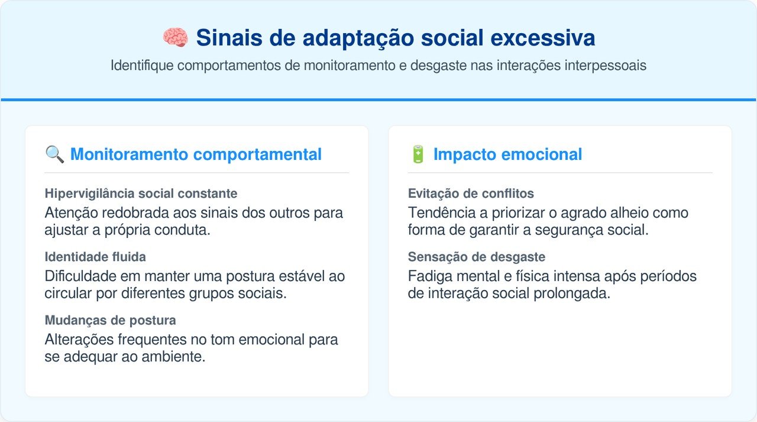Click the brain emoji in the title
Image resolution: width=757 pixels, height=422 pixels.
[x=175, y=38]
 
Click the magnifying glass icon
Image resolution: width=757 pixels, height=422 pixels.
[x=55, y=154]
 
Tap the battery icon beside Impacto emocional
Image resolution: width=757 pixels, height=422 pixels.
[x=418, y=154]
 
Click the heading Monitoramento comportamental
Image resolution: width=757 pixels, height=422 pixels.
[x=196, y=154]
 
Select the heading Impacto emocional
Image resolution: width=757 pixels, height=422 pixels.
[x=507, y=154]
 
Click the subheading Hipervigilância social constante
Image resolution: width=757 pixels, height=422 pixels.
[x=141, y=194]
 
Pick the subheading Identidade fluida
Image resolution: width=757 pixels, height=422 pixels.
[x=95, y=257]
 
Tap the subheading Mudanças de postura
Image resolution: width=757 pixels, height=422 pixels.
[x=110, y=320]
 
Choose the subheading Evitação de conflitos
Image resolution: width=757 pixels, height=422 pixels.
[x=471, y=194]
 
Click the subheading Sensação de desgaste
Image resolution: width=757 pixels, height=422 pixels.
[x=476, y=257]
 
